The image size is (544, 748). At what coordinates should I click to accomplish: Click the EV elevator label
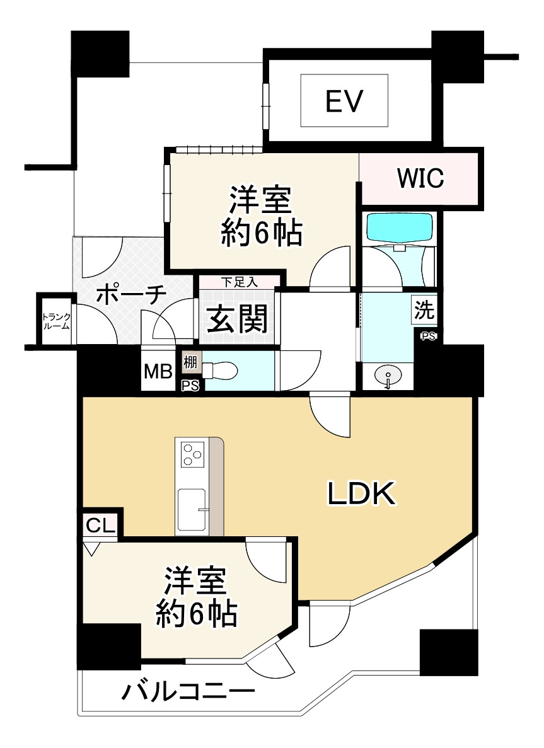pyautogui.click(x=344, y=100)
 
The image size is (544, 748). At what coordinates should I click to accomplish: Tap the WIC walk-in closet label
pyautogui.click(x=420, y=178)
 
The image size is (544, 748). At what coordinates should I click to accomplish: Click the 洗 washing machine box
pyautogui.click(x=424, y=310)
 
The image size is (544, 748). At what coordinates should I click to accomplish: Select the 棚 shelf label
pyautogui.click(x=190, y=363)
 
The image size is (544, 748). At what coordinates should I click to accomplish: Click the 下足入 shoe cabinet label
pyautogui.click(x=239, y=282)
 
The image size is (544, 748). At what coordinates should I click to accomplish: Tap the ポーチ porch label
pyautogui.click(x=131, y=295)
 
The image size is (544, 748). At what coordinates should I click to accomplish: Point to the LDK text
pyautogui.click(x=361, y=494)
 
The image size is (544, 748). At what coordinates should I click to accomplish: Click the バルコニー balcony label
pyautogui.click(x=188, y=694)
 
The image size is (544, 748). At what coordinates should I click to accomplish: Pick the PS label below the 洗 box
pyautogui.click(x=428, y=336)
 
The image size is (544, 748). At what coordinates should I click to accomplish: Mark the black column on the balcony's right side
pyautogui.click(x=448, y=652)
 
